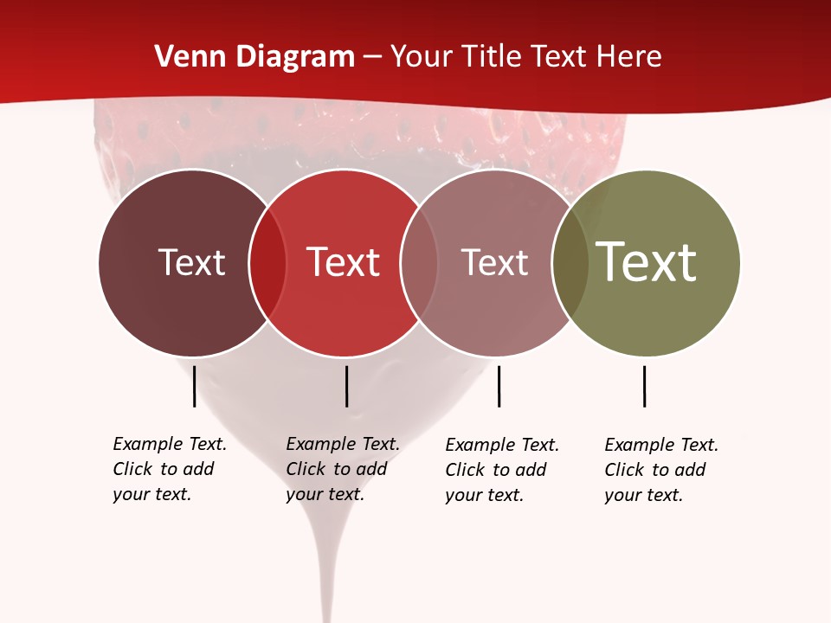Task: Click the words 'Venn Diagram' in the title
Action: click(254, 57)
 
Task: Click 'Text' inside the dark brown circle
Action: click(191, 262)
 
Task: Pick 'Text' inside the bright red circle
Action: click(344, 262)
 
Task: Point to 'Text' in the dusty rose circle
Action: click(494, 262)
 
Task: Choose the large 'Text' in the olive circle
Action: click(647, 262)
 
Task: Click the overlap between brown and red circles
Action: click(267, 262)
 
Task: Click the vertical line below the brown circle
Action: click(194, 386)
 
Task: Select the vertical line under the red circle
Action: click(346, 386)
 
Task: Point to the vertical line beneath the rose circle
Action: click(499, 386)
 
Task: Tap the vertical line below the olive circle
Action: click(644, 386)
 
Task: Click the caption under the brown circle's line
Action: click(169, 469)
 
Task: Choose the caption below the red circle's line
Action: click(342, 469)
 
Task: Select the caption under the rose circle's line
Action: click(501, 470)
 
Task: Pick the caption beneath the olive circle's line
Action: click(660, 470)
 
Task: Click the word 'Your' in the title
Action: click(422, 57)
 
